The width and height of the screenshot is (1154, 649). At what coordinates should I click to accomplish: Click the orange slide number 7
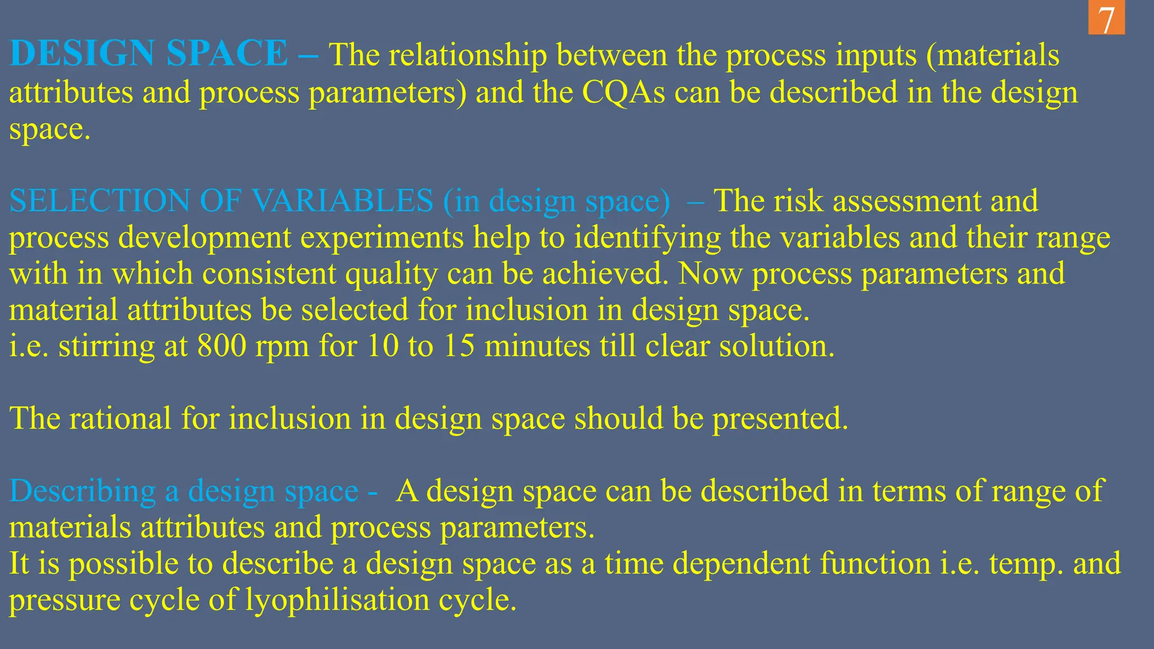[x=1106, y=19]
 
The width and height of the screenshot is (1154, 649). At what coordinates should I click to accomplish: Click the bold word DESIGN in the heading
[x=82, y=54]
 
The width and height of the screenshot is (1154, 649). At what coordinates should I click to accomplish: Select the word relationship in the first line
[x=467, y=55]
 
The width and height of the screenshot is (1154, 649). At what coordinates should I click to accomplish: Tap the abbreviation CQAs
[x=623, y=92]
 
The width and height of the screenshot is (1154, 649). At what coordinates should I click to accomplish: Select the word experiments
[x=381, y=237]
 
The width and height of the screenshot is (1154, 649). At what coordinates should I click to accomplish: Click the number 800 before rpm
[x=222, y=346]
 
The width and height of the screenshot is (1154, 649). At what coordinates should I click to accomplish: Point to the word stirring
[x=106, y=346]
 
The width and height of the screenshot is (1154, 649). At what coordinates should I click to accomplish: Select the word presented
[x=780, y=419]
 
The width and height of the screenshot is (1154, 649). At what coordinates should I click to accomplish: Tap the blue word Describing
[x=82, y=491]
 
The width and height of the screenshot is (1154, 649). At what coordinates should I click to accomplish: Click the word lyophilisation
[x=338, y=599]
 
